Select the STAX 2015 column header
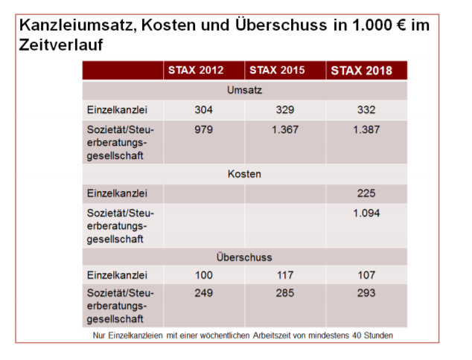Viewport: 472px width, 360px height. [x=277, y=71]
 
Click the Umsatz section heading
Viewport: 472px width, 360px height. [x=245, y=90]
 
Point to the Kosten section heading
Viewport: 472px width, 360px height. [x=245, y=174]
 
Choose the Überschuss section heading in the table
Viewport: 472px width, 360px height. [x=245, y=257]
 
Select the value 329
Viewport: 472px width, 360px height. [x=285, y=110]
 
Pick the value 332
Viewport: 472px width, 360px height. [x=366, y=110]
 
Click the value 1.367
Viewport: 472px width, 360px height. [x=285, y=129]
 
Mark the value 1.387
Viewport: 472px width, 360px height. [x=366, y=129]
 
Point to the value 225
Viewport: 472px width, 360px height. [x=366, y=193]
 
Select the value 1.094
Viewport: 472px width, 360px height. [x=366, y=213]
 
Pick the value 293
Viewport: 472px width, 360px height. [x=366, y=293]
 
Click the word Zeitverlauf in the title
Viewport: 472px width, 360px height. [x=61, y=45]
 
